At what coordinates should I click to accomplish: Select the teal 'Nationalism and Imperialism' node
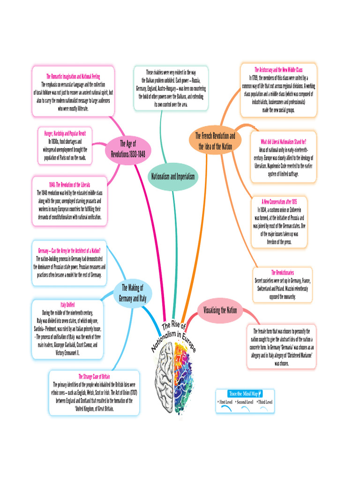click(172, 176)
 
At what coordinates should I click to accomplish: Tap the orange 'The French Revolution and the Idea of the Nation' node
click(215, 141)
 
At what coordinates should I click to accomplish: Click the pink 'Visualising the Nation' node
click(220, 310)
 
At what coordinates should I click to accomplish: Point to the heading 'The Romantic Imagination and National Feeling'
click(73, 76)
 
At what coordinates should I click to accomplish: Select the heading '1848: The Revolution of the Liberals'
click(69, 185)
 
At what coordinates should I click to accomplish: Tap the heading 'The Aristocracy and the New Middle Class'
click(278, 69)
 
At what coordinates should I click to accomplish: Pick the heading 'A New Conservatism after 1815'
click(279, 201)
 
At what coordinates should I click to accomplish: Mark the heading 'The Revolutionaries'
click(282, 272)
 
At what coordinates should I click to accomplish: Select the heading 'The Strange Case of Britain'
click(94, 376)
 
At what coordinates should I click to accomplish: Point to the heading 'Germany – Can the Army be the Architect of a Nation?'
click(69, 250)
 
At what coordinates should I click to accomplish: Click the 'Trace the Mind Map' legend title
click(244, 393)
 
